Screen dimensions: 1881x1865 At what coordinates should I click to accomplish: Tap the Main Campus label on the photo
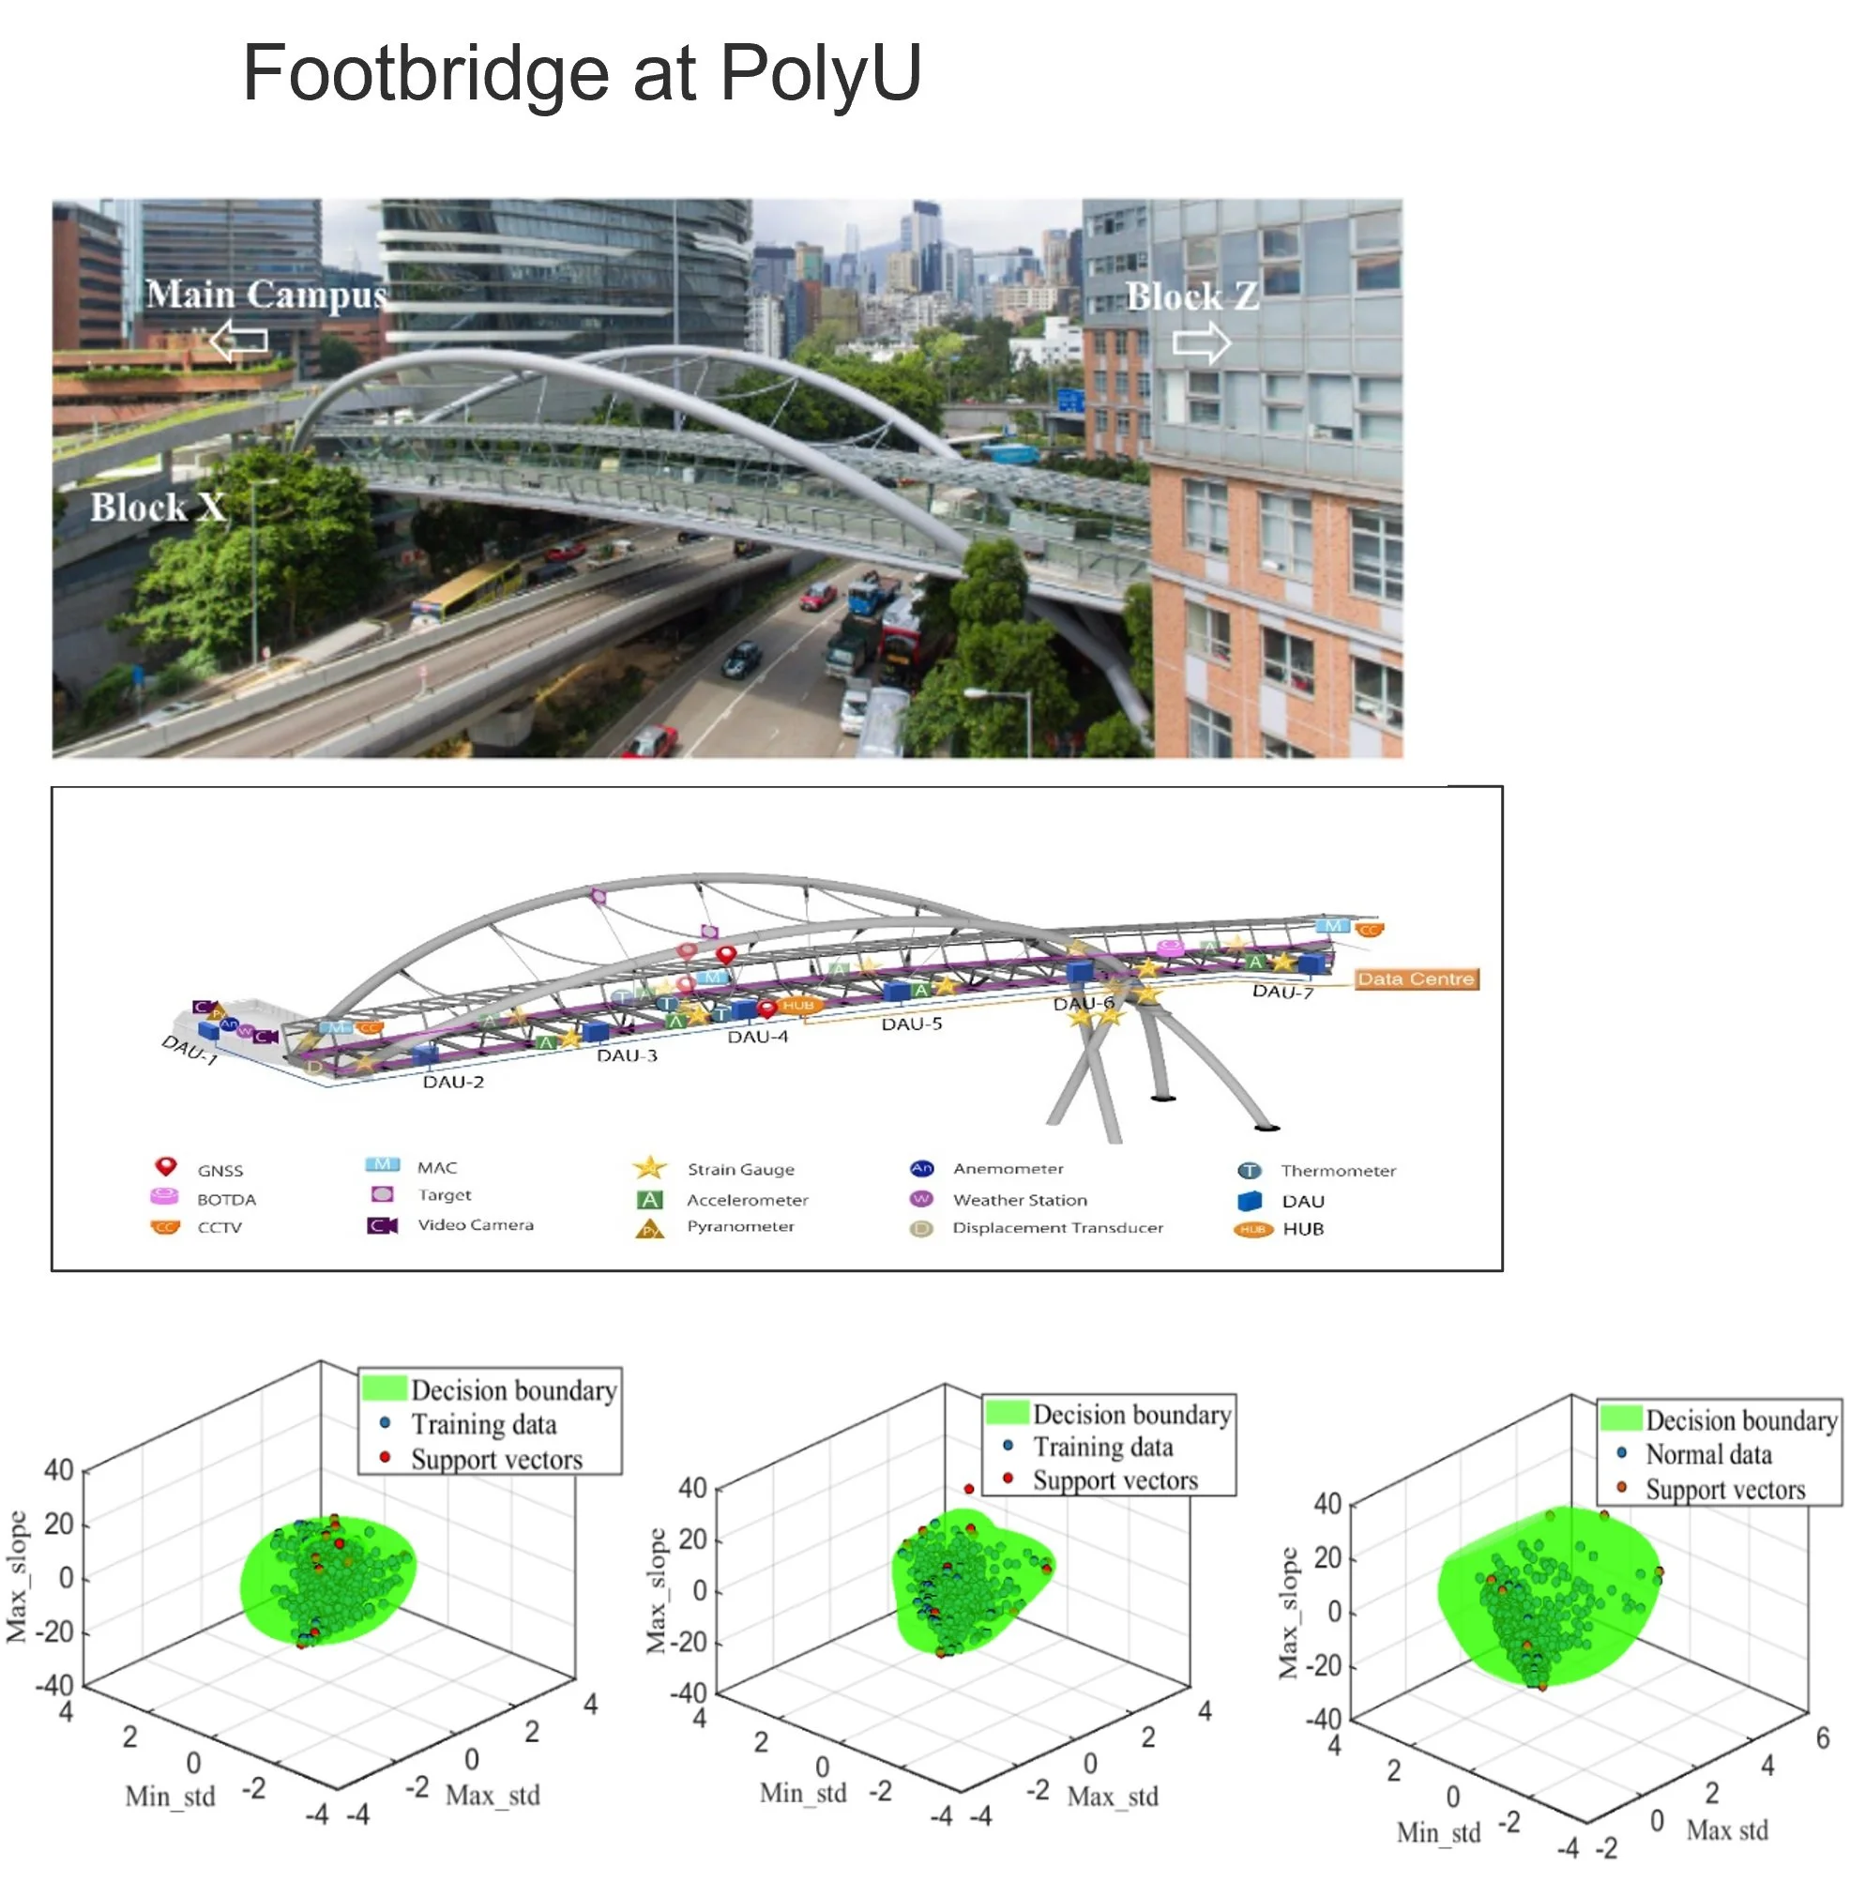click(265, 294)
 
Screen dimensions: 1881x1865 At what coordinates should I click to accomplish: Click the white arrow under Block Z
click(1200, 342)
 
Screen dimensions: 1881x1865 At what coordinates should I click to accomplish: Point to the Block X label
click(158, 508)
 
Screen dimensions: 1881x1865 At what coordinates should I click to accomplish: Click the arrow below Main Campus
click(238, 341)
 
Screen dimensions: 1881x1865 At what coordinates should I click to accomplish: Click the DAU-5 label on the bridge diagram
click(911, 1024)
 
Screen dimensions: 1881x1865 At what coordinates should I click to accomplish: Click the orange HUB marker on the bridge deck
click(797, 1005)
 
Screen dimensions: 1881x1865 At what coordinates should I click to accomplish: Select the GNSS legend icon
click(165, 1165)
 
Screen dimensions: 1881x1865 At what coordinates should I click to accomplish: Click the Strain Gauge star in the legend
click(649, 1166)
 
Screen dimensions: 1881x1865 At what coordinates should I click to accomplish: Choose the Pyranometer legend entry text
click(740, 1226)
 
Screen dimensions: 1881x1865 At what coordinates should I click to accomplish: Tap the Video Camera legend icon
click(382, 1225)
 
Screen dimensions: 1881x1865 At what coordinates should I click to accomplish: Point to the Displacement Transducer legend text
click(1057, 1227)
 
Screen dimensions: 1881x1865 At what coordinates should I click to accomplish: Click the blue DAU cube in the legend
click(1249, 1201)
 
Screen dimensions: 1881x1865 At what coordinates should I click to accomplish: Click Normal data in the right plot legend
click(1707, 1454)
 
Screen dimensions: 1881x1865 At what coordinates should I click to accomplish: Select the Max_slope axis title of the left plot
click(17, 1576)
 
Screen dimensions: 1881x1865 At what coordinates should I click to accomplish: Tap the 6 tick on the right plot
click(1822, 1737)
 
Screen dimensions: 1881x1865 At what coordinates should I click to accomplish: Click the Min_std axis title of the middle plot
click(802, 1793)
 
